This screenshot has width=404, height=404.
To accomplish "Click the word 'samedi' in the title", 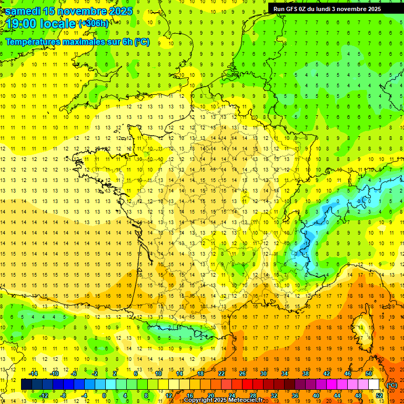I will tap(24, 11).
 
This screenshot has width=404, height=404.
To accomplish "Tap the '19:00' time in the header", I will tap(22, 24).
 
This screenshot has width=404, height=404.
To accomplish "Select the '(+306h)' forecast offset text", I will tap(94, 24).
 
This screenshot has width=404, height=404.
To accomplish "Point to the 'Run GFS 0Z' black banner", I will tap(332, 8).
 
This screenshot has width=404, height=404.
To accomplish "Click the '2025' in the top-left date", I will tap(119, 11).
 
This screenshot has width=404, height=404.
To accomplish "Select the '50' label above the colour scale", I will tap(368, 373).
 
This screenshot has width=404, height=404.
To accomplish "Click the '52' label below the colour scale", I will tap(379, 395).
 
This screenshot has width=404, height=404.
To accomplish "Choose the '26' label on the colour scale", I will tap(242, 373).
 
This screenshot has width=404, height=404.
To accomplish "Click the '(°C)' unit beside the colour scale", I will tap(392, 385).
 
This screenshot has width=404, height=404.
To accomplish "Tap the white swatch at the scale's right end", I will tap(373, 385).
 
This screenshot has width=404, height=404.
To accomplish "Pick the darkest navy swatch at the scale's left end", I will tap(26, 385).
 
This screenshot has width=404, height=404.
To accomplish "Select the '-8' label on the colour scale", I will tap(64, 395).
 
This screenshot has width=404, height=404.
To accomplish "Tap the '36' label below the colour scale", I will tap(295, 395).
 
